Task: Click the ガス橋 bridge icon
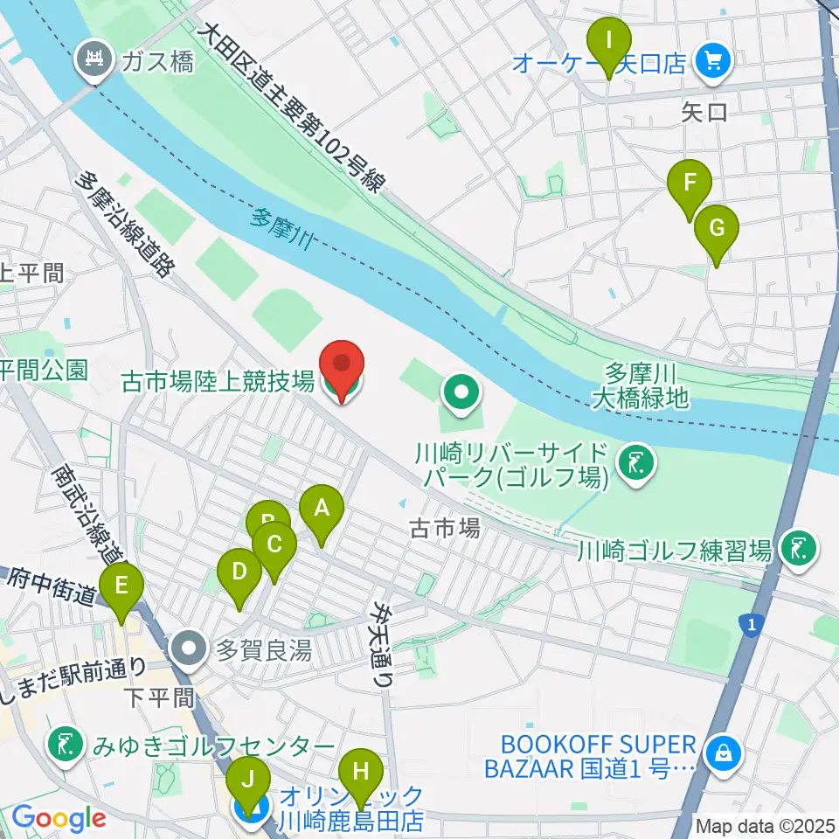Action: pyautogui.click(x=93, y=60)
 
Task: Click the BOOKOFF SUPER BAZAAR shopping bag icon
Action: pyautogui.click(x=723, y=751)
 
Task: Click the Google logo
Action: pyautogui.click(x=59, y=819)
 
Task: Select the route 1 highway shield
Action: pyautogui.click(x=749, y=624)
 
